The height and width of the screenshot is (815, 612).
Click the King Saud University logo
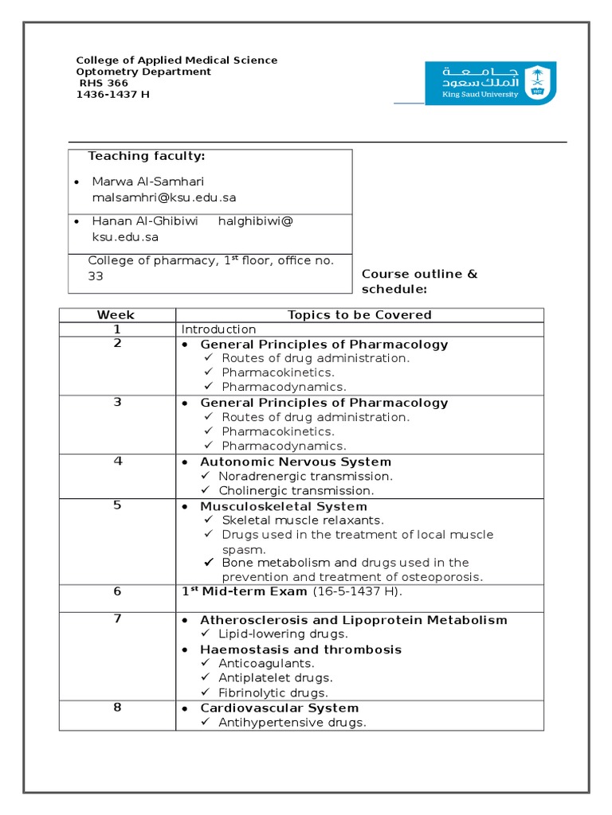pyautogui.click(x=490, y=83)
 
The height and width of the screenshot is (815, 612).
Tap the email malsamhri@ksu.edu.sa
pyautogui.click(x=164, y=197)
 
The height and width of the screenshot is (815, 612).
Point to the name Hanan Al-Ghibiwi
pyautogui.click(x=145, y=220)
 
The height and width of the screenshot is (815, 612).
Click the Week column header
pyautogui.click(x=116, y=314)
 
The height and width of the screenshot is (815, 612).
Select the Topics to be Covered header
pyautogui.click(x=359, y=314)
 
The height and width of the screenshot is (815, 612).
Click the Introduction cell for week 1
pyautogui.click(x=219, y=330)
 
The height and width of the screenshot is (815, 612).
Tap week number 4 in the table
pyautogui.click(x=117, y=461)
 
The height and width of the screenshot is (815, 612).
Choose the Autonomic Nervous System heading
pyautogui.click(x=296, y=462)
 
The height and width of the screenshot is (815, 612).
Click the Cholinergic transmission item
pyautogui.click(x=296, y=490)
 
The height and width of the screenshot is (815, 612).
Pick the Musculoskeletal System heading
pyautogui.click(x=284, y=506)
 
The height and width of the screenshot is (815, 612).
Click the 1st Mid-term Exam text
pyautogui.click(x=244, y=591)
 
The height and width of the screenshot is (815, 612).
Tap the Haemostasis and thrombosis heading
pyautogui.click(x=300, y=649)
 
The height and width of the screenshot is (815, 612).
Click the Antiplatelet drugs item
pyautogui.click(x=276, y=678)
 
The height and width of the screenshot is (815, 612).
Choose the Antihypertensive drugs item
pyautogui.click(x=292, y=723)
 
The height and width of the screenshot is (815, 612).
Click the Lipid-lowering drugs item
pyautogui.click(x=284, y=634)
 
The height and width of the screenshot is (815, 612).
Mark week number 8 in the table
pyautogui.click(x=117, y=708)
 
